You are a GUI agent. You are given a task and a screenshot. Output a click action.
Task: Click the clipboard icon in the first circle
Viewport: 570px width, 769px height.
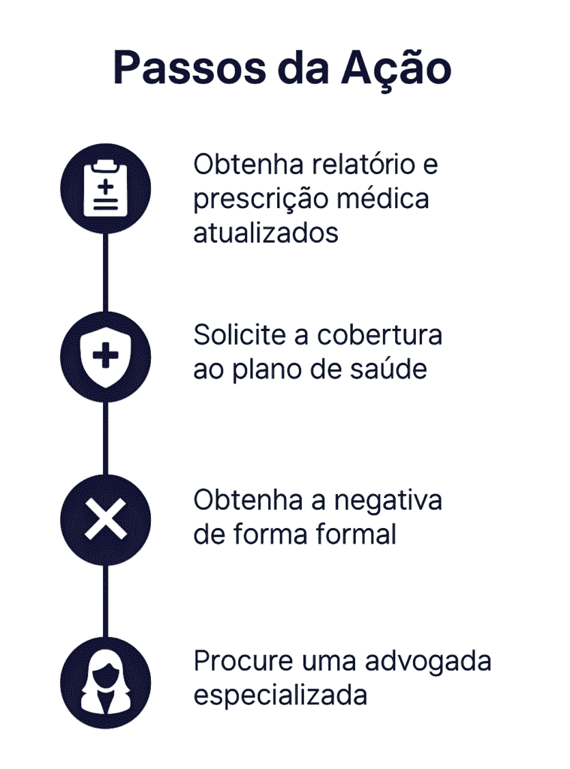(x=105, y=188)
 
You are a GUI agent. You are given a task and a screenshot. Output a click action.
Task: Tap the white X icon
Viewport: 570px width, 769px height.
(x=105, y=520)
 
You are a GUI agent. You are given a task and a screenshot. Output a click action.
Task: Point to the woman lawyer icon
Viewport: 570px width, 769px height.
(x=105, y=683)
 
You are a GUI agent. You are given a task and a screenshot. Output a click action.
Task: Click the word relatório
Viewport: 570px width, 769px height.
(x=363, y=164)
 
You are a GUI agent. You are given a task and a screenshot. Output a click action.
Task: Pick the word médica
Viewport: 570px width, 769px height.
(x=383, y=198)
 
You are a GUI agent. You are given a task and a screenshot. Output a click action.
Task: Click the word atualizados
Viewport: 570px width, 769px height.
(x=266, y=233)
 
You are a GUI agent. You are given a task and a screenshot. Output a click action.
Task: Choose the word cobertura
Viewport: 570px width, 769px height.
(x=380, y=335)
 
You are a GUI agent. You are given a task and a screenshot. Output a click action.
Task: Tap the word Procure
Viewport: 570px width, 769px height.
(x=243, y=661)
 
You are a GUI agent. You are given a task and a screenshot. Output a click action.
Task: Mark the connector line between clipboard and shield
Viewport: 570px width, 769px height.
(x=105, y=273)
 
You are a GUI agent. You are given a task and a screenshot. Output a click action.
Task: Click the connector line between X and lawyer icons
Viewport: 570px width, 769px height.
(x=105, y=602)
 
